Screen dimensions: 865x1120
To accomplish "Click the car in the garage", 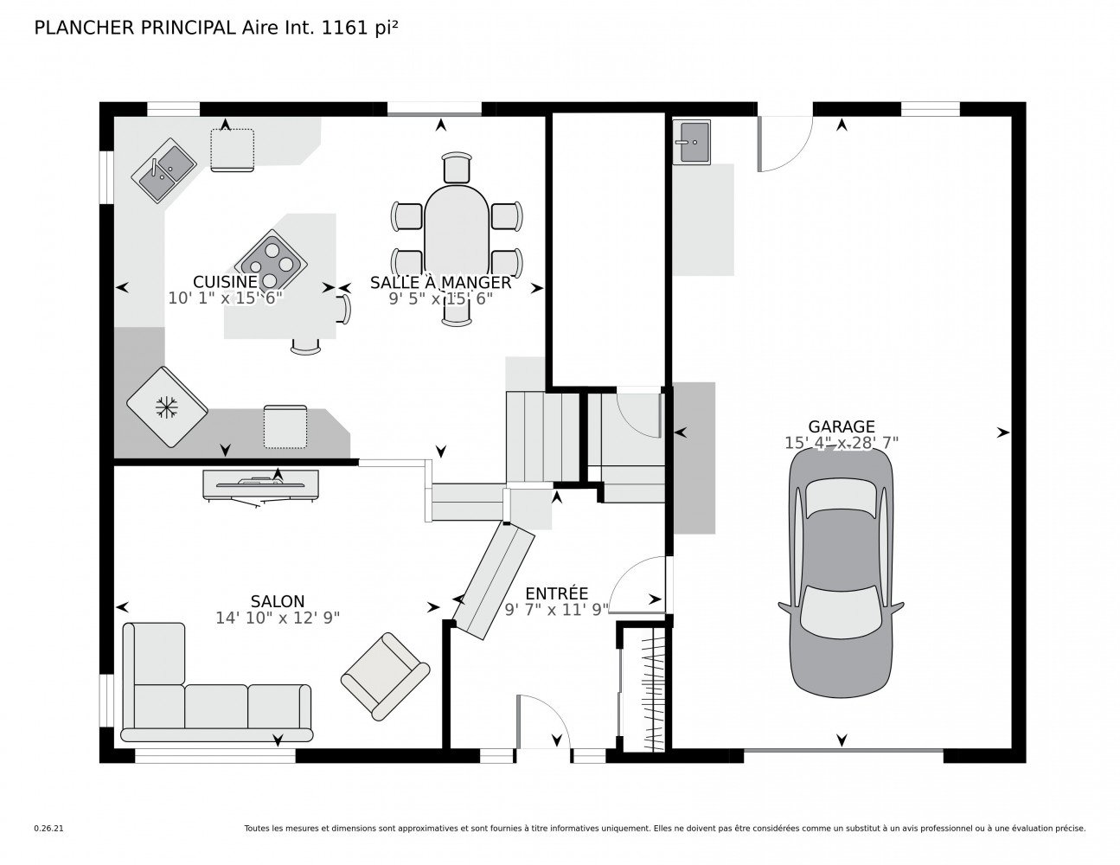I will click(x=841, y=573).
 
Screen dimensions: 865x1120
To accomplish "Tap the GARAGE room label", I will click(x=841, y=426).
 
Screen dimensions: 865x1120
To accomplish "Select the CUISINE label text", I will click(x=225, y=282).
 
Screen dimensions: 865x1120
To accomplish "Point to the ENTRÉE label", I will click(x=556, y=593).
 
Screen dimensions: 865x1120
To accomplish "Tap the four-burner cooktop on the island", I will click(x=271, y=263).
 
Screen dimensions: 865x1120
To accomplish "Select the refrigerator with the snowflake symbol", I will click(x=166, y=407).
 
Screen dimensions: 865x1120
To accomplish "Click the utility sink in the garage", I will click(x=692, y=141).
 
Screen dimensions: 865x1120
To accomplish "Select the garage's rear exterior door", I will click(x=784, y=143).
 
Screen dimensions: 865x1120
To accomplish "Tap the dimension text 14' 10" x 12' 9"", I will click(x=277, y=618).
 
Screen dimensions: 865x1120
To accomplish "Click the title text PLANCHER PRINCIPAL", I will click(x=133, y=28).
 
